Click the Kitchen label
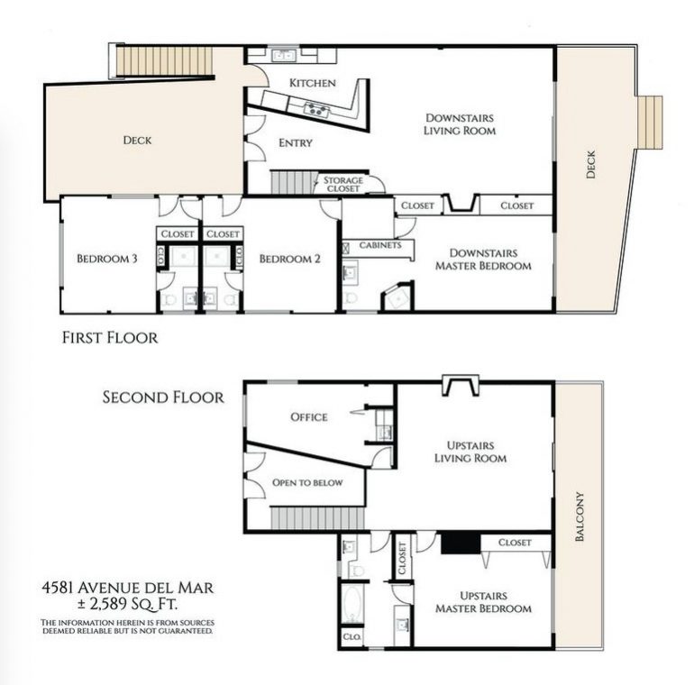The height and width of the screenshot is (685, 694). [313, 83]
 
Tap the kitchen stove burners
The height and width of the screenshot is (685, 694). [316, 109]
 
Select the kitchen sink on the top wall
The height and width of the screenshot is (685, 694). [284, 55]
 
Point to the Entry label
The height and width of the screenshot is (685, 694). [296, 143]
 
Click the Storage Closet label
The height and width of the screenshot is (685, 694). [343, 184]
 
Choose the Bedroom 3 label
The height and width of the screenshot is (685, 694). [107, 259]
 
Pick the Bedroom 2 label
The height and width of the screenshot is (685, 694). [289, 259]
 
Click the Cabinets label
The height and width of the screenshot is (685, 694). [380, 244]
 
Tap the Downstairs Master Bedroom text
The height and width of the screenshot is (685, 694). [483, 260]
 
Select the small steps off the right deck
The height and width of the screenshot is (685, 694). [650, 123]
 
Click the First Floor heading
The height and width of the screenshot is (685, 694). [110, 338]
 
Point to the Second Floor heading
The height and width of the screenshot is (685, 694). [163, 397]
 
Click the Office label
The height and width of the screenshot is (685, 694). [309, 416]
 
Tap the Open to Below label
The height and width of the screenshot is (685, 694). [307, 482]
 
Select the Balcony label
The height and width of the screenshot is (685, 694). [580, 516]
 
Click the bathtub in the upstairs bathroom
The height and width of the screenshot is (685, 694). [352, 604]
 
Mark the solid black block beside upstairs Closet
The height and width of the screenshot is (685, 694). [461, 543]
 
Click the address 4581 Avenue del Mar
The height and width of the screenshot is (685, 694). [127, 588]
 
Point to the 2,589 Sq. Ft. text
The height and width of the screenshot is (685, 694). [127, 604]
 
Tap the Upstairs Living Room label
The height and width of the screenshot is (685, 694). [470, 452]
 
